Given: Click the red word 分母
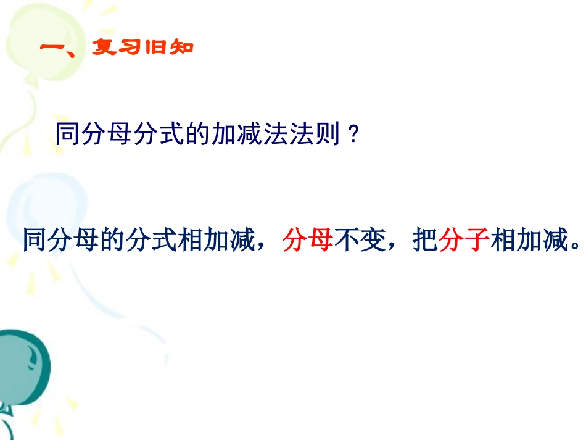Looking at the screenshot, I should click(308, 240).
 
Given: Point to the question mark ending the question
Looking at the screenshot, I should click(353, 134).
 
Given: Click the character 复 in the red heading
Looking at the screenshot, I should click(104, 47).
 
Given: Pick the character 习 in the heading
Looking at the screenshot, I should click(129, 47).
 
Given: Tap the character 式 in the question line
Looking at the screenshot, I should click(171, 133).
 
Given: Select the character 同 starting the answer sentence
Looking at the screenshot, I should click(35, 240).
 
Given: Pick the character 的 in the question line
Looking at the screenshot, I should click(197, 133).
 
